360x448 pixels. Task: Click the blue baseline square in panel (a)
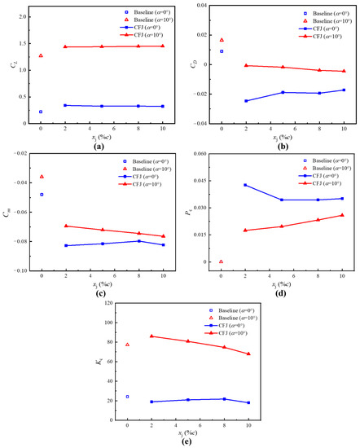[41, 112]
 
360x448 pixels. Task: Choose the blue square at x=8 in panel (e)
[224, 399]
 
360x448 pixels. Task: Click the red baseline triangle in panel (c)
[42, 177]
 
